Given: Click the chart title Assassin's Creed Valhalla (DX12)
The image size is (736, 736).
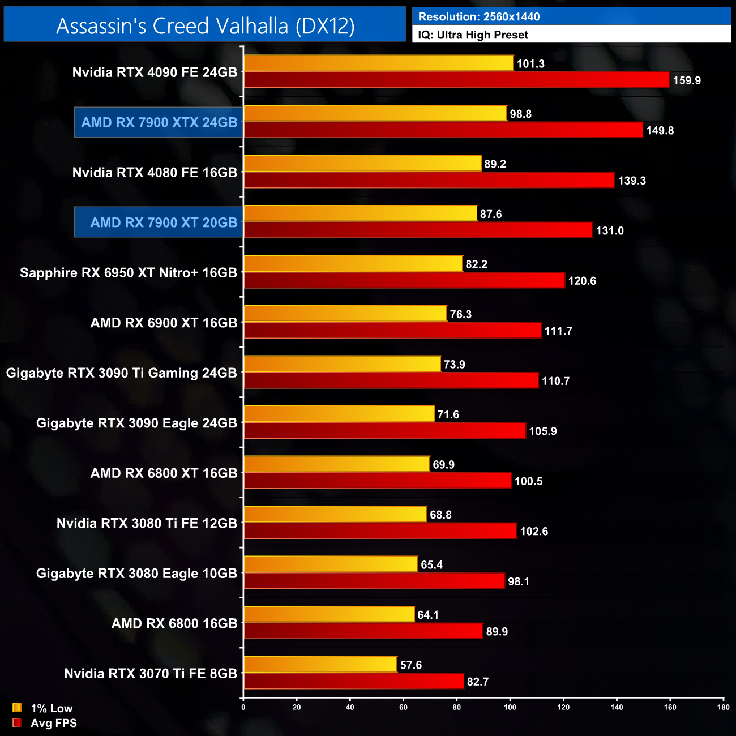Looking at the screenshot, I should (205, 25).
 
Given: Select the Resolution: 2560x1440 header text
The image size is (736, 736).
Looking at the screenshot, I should (478, 16).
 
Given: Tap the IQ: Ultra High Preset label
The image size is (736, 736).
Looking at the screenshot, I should (473, 35).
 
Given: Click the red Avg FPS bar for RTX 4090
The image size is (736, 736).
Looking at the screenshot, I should (456, 80).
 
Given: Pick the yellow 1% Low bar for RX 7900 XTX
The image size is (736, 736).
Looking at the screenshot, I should (375, 113).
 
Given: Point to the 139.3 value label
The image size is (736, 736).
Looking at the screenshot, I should (632, 181).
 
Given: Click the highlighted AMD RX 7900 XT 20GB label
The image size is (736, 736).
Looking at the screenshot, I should (164, 222).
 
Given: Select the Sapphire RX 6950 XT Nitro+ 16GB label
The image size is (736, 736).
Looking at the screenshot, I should (129, 273).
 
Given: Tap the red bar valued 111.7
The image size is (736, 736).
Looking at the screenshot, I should (392, 331).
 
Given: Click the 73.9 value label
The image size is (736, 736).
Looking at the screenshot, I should (454, 365).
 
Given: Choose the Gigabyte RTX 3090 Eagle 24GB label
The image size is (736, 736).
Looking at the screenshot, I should (136, 423).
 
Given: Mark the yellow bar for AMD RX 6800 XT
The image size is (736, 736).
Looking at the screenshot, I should (337, 464).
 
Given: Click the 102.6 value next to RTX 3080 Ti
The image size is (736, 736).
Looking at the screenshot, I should (534, 532).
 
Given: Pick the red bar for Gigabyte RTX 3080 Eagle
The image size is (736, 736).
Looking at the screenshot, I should (374, 581).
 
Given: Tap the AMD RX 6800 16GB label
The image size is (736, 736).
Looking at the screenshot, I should (174, 623).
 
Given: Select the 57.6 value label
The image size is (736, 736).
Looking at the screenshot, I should (411, 665).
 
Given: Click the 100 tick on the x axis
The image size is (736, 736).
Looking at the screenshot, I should (510, 707).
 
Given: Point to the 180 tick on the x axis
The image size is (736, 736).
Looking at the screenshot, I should (724, 707).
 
